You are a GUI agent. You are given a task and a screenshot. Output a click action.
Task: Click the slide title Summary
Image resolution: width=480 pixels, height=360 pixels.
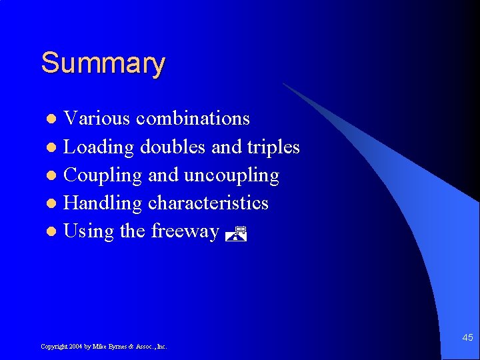(x=103, y=64)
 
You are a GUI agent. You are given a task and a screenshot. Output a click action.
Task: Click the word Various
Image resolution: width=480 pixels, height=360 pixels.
(x=97, y=119)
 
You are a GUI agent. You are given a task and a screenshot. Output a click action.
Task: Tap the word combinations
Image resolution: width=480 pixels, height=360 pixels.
(x=193, y=119)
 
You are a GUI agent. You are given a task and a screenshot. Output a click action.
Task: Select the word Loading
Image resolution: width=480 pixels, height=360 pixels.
(x=99, y=147)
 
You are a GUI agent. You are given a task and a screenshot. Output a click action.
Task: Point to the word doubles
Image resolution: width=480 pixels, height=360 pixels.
(x=173, y=147)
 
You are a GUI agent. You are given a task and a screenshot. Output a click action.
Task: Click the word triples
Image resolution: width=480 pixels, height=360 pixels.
(x=273, y=147)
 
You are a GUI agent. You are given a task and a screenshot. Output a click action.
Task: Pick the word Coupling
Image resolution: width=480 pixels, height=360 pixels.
(x=103, y=175)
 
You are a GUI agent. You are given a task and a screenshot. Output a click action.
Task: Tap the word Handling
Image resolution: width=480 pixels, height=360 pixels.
(x=102, y=203)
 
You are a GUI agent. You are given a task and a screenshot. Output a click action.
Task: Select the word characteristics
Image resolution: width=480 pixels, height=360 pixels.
(x=208, y=203)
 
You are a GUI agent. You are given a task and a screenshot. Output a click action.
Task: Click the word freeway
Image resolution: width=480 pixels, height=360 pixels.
(x=185, y=231)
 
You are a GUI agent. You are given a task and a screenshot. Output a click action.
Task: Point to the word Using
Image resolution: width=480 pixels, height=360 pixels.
(x=89, y=231)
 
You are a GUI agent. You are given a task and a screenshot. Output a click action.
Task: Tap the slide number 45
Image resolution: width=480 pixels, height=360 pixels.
(x=467, y=338)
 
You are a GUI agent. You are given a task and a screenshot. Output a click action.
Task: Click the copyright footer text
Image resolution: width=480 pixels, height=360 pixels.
(x=103, y=347)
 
